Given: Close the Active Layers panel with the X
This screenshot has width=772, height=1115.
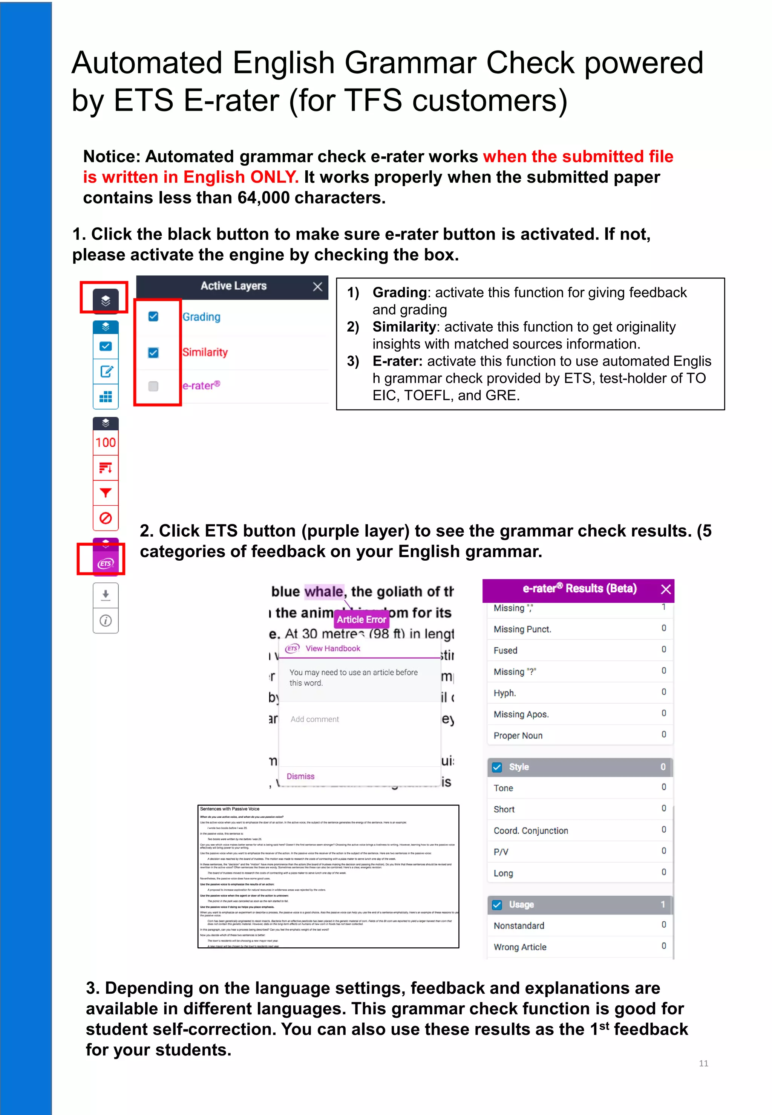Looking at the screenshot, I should coord(317,287).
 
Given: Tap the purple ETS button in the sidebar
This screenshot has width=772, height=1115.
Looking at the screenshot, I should coord(106,563).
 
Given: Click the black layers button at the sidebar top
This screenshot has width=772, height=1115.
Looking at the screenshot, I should coord(106,300).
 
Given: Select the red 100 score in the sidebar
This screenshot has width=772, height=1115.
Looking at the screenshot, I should coord(106,442).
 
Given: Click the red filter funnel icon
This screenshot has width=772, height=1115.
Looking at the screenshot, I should coord(106,493).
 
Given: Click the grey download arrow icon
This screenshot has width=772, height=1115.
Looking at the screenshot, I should coord(106,595).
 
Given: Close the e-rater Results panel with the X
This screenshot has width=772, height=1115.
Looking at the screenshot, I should coord(666,589).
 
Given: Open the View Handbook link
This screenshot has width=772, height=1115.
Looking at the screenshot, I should coord(332,649).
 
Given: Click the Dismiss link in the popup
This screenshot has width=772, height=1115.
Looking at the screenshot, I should coord(300,776).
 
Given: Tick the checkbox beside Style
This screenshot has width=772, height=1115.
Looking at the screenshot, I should coord(497,767).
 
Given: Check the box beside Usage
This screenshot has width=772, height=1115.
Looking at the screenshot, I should coord(497,905).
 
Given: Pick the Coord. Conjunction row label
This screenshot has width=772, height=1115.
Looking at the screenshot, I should coord(531,831).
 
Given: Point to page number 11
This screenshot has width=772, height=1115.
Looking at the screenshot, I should coord(703,1063).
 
